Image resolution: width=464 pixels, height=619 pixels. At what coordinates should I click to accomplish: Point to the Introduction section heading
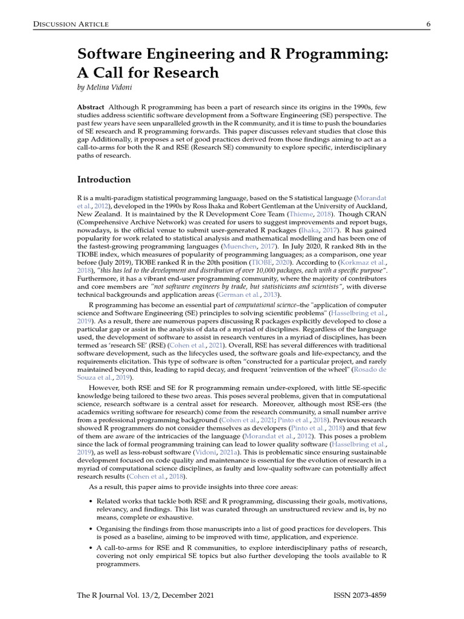(x=104, y=180)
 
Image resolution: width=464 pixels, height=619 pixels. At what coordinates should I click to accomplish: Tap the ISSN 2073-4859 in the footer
(x=359, y=595)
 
